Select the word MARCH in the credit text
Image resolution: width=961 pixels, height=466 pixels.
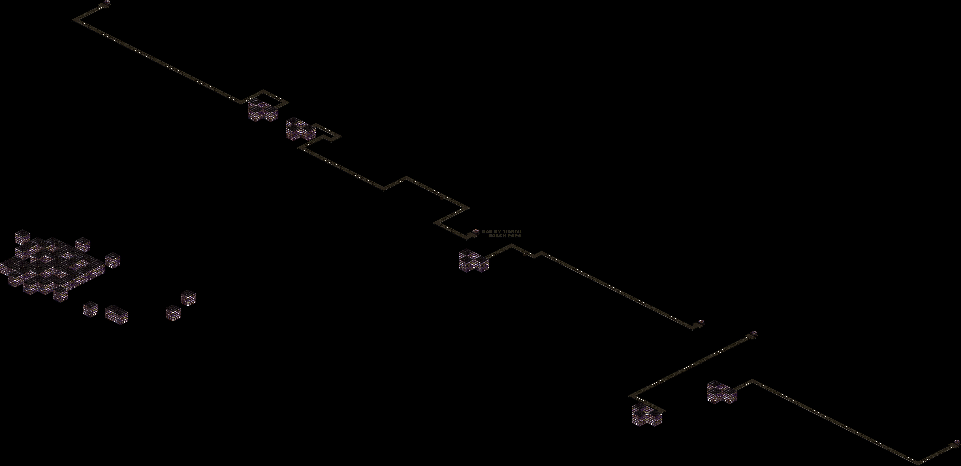pos(497,236)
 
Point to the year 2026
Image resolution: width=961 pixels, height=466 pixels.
pos(514,236)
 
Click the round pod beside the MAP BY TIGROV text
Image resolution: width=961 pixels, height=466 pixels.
pos(475,232)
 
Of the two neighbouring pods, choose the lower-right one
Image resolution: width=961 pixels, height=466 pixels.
pos(754,333)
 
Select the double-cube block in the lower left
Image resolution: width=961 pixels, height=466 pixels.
pos(116,314)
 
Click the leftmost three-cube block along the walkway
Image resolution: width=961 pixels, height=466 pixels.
pos(263,110)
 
